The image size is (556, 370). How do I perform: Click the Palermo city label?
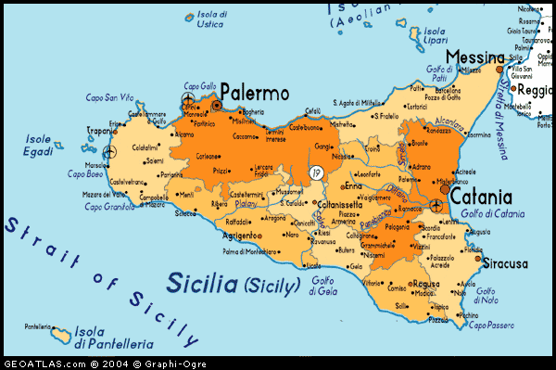click(x=254, y=94)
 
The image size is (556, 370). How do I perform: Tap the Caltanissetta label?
click(x=342, y=204)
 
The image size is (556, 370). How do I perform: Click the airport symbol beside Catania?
click(x=436, y=205)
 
